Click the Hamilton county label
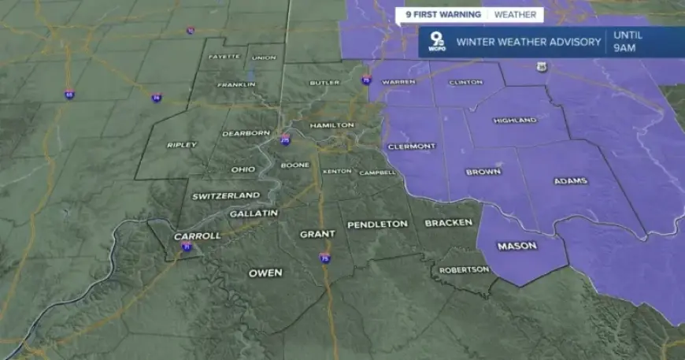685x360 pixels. [x=327, y=126]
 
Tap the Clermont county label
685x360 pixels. [x=412, y=147]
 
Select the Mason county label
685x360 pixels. [x=517, y=246]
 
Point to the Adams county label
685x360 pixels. [x=570, y=181]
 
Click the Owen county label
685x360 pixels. [x=265, y=273]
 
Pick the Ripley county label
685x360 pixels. [x=181, y=145]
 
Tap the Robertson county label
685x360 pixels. [x=465, y=269]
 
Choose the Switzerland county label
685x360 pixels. [x=226, y=195]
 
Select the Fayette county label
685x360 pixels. [x=222, y=58]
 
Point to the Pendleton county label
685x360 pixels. [x=378, y=225]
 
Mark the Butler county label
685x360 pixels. [x=324, y=83]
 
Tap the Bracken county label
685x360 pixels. [x=448, y=223]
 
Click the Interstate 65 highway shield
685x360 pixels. [x=71, y=95]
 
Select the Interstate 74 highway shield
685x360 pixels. [x=157, y=97]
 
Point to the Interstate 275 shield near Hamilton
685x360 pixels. [x=285, y=141]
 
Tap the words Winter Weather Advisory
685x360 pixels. [x=528, y=42]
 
